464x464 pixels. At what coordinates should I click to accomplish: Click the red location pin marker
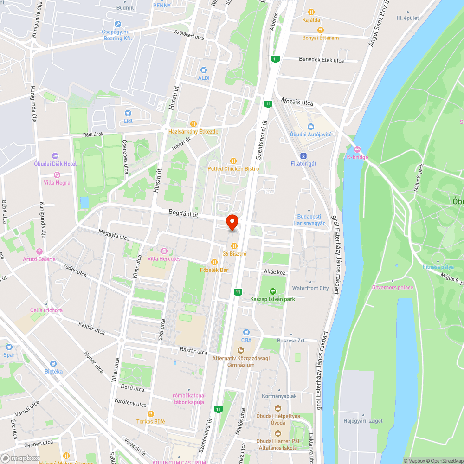point(232,222)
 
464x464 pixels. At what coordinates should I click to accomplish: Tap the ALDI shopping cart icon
point(203,70)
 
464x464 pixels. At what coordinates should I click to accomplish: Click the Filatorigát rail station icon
point(303,156)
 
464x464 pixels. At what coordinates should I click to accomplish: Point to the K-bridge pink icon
point(357,149)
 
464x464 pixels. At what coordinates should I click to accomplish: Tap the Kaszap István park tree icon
point(272,291)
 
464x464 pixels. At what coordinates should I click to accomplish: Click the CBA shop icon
point(246,332)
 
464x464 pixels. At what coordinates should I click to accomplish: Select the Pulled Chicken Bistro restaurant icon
point(233,161)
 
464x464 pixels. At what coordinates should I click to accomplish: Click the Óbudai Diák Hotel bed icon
point(55,156)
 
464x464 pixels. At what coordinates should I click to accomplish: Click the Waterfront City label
point(310,288)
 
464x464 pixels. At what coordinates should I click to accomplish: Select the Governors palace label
point(392,287)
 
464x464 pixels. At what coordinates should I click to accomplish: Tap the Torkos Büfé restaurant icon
point(150,413)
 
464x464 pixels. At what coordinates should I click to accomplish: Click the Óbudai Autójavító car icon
point(310,127)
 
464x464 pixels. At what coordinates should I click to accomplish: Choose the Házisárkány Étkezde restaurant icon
point(193,124)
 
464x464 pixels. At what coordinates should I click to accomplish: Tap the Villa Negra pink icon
point(57,175)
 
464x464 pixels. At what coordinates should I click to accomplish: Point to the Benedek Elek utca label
point(321,60)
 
